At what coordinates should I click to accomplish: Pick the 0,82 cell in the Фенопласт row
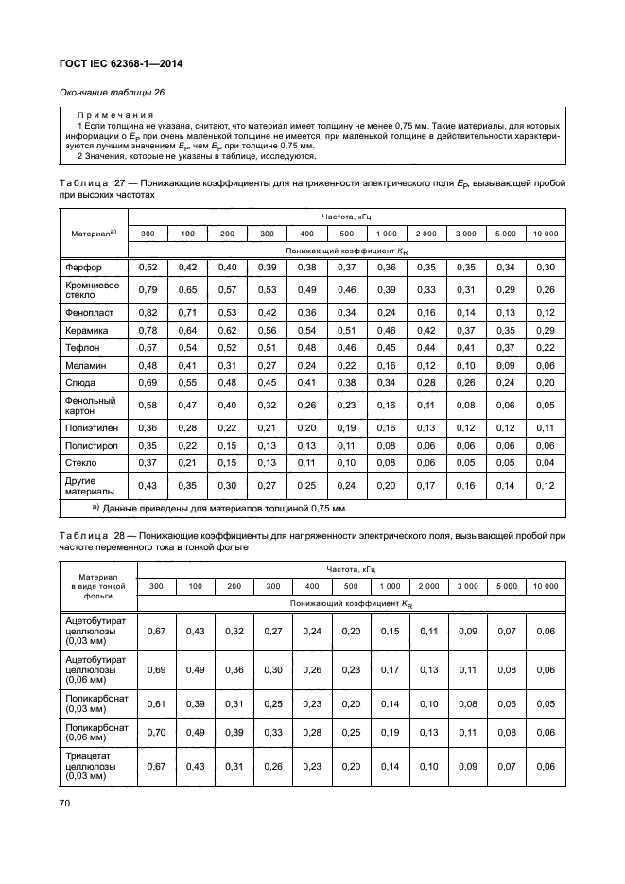148,311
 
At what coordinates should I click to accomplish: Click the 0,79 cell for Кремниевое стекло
148,289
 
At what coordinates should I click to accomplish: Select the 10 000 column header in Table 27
545,233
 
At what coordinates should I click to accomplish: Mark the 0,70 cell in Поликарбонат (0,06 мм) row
158,732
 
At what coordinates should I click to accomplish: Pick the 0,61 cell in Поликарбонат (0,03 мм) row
158,704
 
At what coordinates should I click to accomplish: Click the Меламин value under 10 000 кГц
545,365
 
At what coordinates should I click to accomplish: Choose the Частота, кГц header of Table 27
346,217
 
